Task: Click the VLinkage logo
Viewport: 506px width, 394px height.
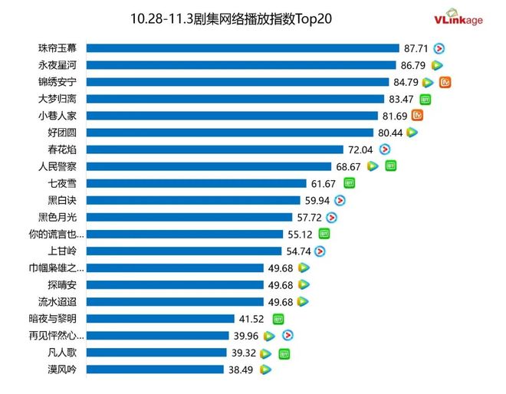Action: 458,17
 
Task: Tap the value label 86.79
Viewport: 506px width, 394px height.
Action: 412,65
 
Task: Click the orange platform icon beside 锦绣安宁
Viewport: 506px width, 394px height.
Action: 443,82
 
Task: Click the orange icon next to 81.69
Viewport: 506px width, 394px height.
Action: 418,116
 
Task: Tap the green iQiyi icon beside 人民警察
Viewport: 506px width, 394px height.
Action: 390,166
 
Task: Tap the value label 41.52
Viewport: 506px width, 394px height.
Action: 254,318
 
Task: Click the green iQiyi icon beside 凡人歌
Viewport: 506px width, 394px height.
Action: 284,353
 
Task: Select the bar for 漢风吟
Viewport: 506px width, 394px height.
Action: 153,369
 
